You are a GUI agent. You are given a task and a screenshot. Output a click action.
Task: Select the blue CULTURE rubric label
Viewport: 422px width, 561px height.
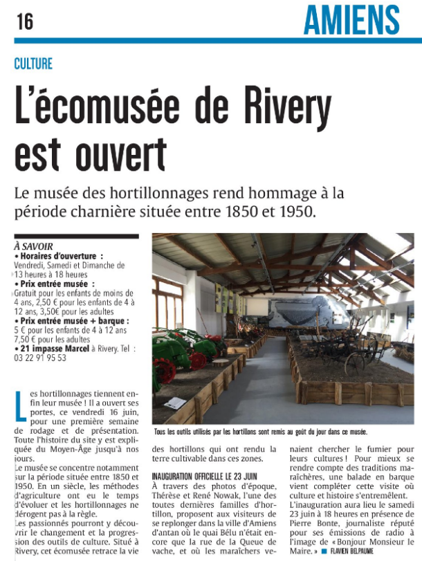[33, 64]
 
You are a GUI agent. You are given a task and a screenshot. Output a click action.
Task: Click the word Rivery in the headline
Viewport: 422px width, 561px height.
[269, 108]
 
